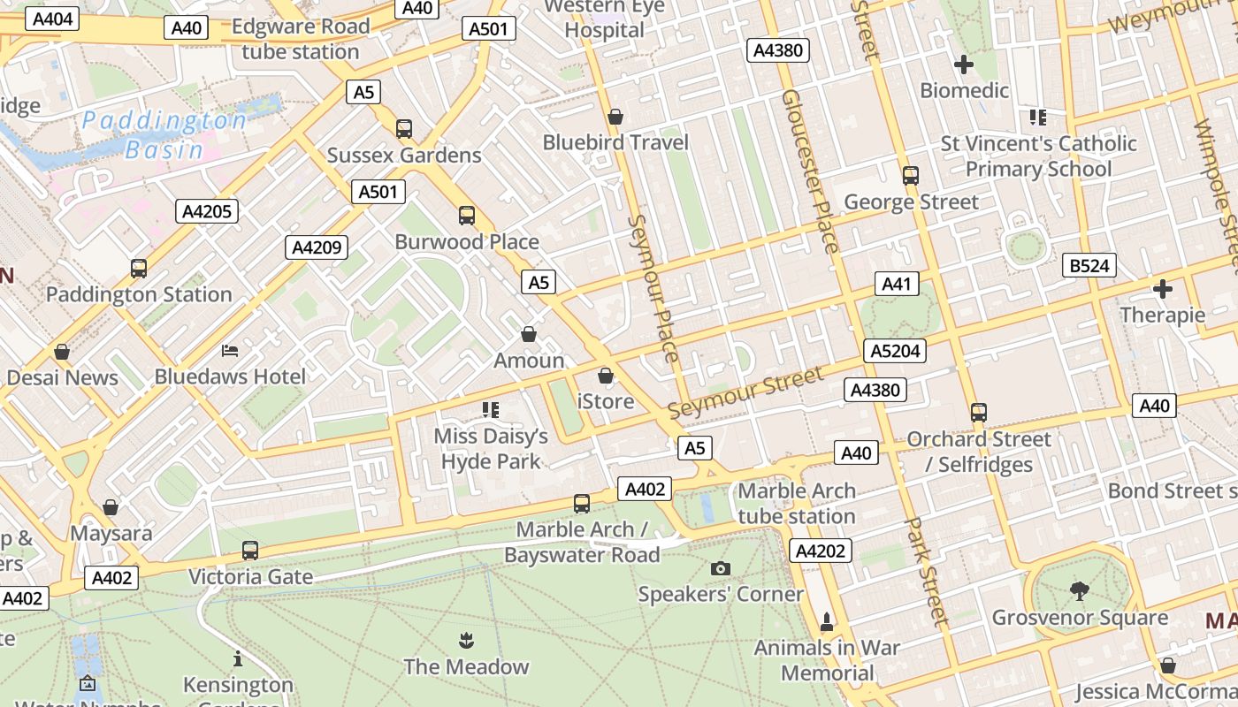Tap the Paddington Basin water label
coord(165,134)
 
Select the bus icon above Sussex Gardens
coord(404,129)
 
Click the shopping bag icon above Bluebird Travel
coord(615,117)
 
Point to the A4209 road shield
coord(317,247)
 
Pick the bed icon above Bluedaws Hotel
coord(230,351)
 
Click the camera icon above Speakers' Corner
coord(721,568)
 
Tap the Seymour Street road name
coord(745,393)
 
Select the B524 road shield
coord(1089,266)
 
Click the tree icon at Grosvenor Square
coord(1079,590)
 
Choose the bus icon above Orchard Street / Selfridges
coord(978,412)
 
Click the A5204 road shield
coord(895,351)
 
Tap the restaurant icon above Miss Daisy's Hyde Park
coord(491,409)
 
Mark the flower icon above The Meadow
coord(466,640)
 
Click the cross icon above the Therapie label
coord(1162,289)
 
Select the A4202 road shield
coord(820,551)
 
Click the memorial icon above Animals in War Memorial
coord(827,622)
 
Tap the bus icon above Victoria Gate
coord(250,551)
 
